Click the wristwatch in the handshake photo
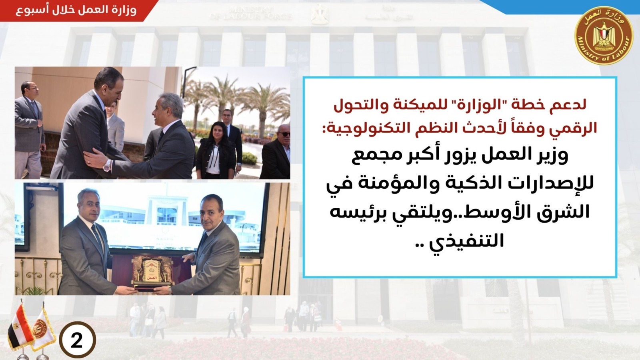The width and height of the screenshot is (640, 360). (108, 165)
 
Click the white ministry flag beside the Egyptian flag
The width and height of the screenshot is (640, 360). (43, 328)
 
